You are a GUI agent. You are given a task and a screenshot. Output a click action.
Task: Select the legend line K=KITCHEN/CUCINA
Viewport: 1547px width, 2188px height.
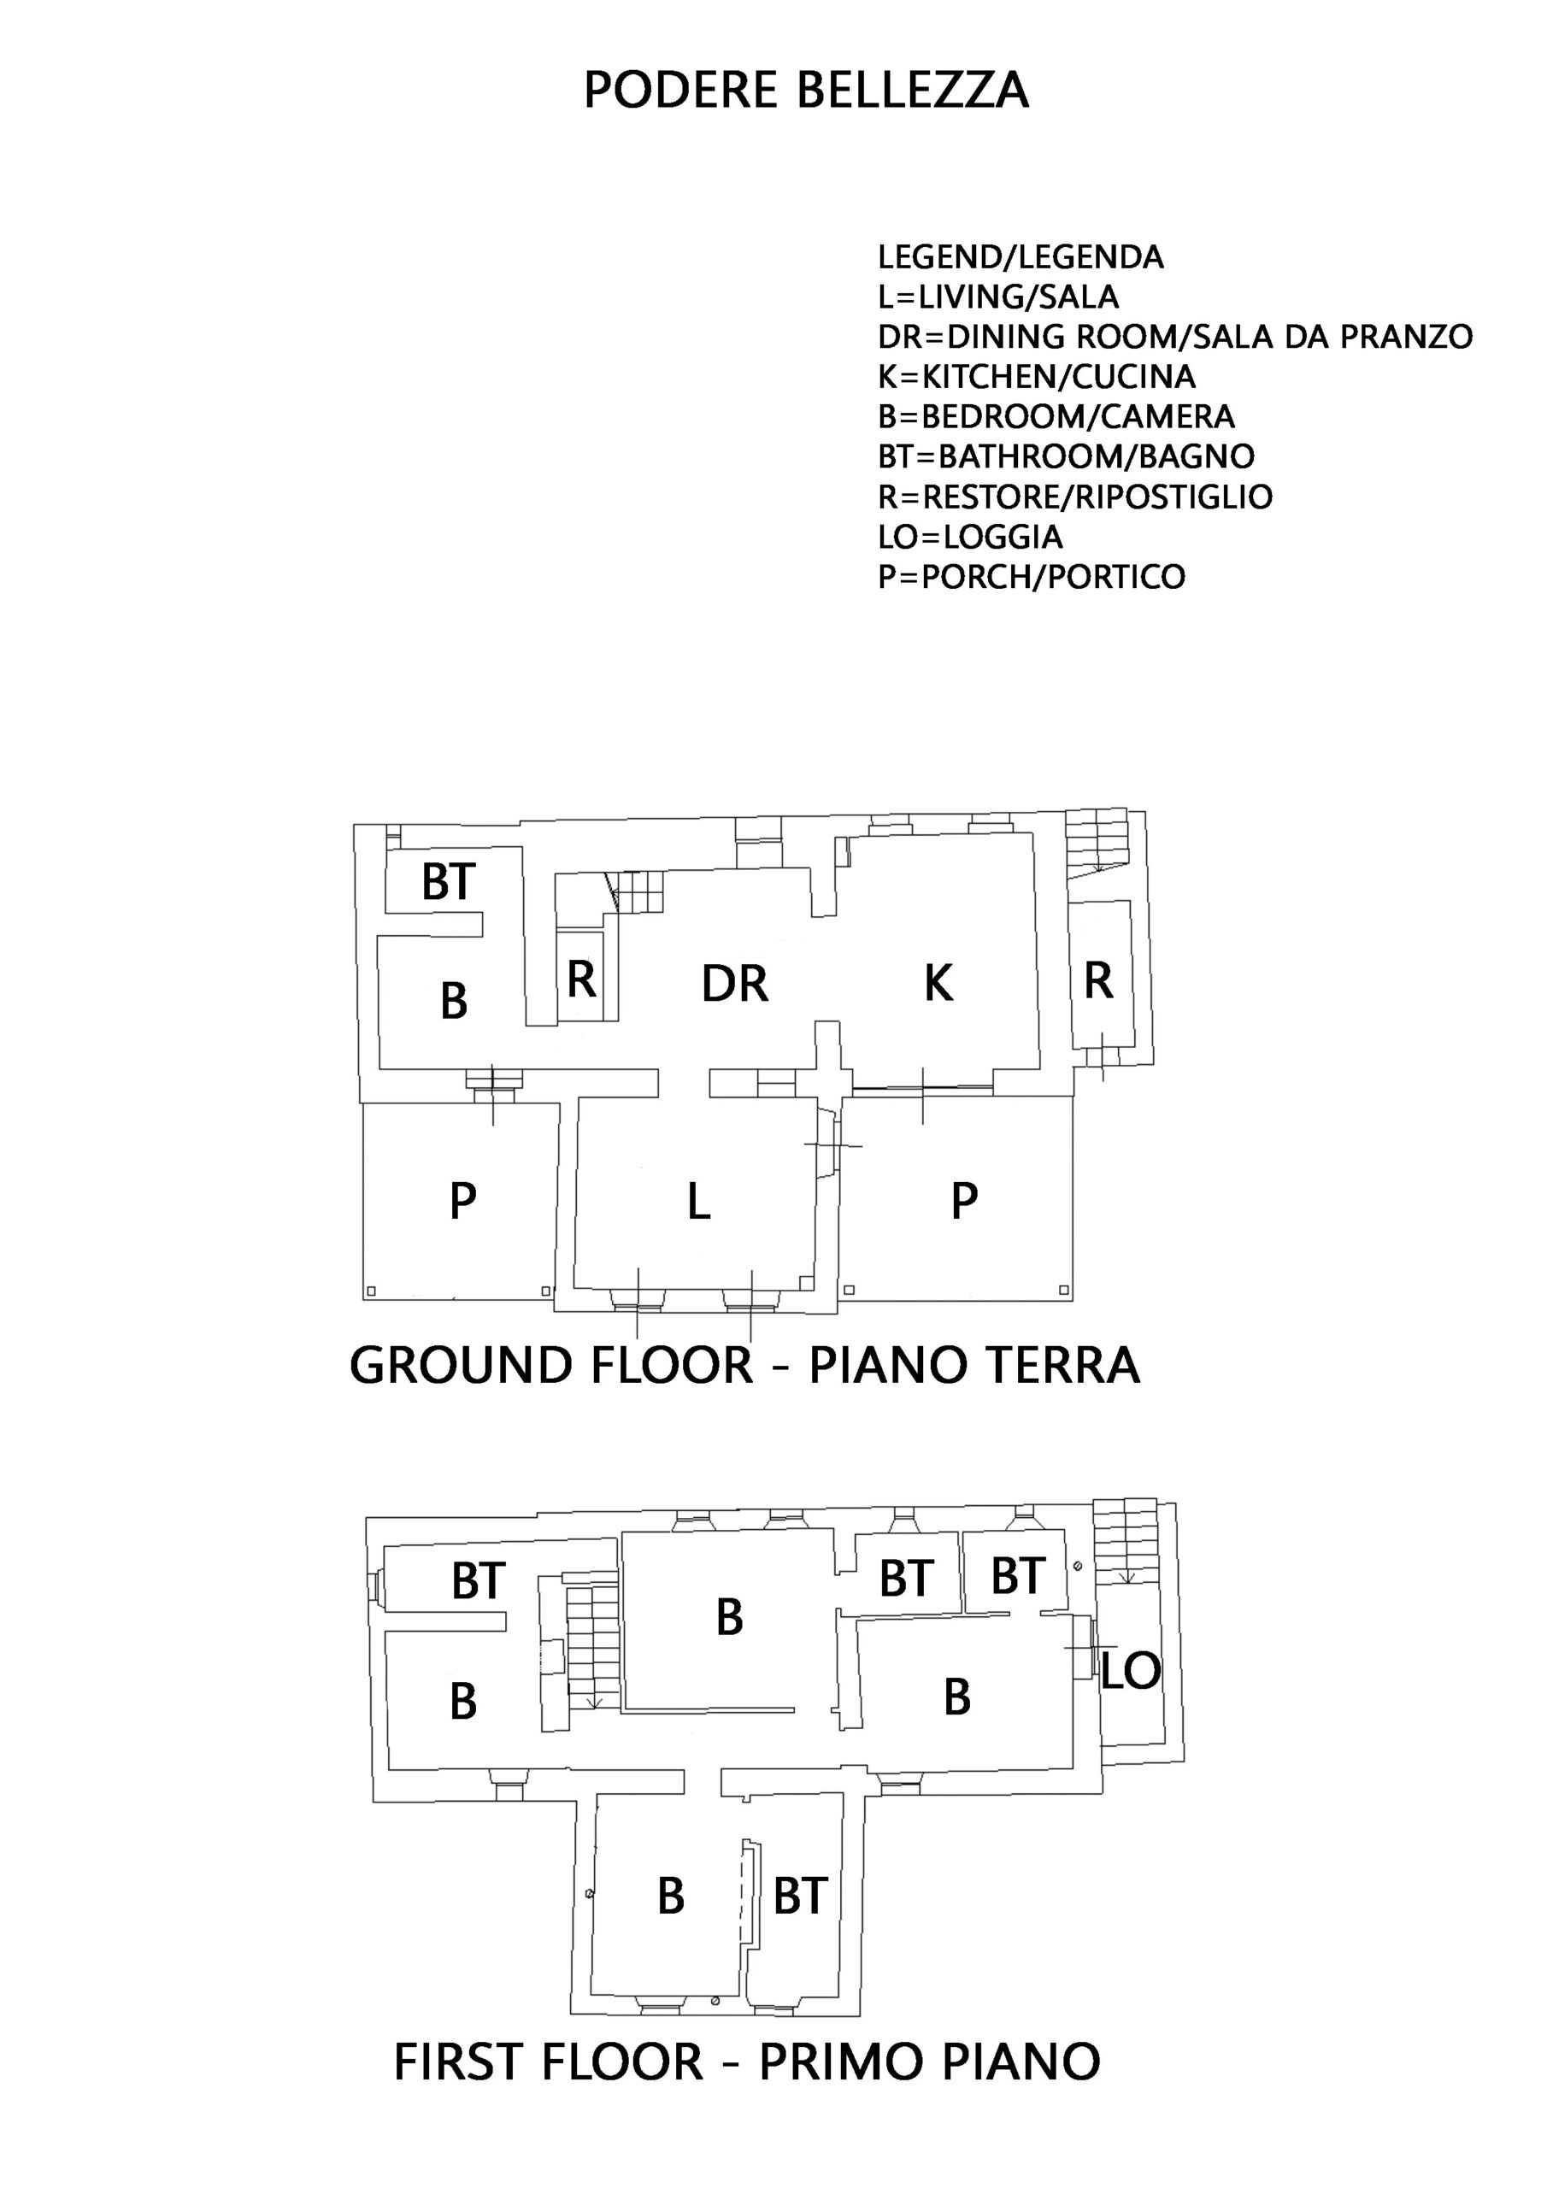[x=1037, y=376]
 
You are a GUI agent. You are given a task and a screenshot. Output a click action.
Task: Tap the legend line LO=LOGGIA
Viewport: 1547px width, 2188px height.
[x=970, y=537]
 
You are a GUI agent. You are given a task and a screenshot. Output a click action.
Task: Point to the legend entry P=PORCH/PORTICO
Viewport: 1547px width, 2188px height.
[x=1032, y=577]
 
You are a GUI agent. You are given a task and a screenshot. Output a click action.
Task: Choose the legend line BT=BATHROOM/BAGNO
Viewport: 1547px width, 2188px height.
[x=1067, y=456]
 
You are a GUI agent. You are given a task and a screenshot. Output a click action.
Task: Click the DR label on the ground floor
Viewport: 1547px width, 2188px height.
[x=734, y=984]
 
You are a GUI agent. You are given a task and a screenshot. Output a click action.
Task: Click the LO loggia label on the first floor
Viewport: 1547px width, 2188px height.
[x=1132, y=1671]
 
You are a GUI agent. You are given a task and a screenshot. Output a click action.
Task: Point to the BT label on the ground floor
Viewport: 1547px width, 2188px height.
[x=449, y=881]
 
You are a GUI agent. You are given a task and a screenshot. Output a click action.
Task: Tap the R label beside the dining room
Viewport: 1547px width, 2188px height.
[x=581, y=979]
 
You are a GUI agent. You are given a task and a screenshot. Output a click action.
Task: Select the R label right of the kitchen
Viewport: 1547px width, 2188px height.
[x=1099, y=980]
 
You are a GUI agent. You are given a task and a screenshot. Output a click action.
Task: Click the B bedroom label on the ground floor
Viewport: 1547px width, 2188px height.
[x=454, y=1001]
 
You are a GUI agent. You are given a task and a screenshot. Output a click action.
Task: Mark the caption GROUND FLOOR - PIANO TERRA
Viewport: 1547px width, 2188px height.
[x=744, y=1365]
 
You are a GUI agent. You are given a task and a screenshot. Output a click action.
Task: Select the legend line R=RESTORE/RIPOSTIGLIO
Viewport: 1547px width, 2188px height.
[x=1075, y=497]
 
